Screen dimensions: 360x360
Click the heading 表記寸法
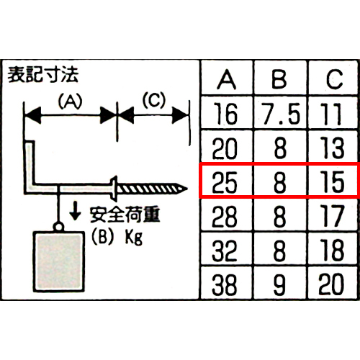43,75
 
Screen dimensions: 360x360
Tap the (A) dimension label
70,101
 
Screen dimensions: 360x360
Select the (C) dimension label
154,100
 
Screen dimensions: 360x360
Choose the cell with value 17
333,216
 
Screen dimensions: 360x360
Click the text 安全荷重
125,215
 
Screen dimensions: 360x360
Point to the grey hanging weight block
59,261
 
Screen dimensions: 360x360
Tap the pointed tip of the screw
187,189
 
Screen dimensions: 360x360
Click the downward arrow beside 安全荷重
75,211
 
